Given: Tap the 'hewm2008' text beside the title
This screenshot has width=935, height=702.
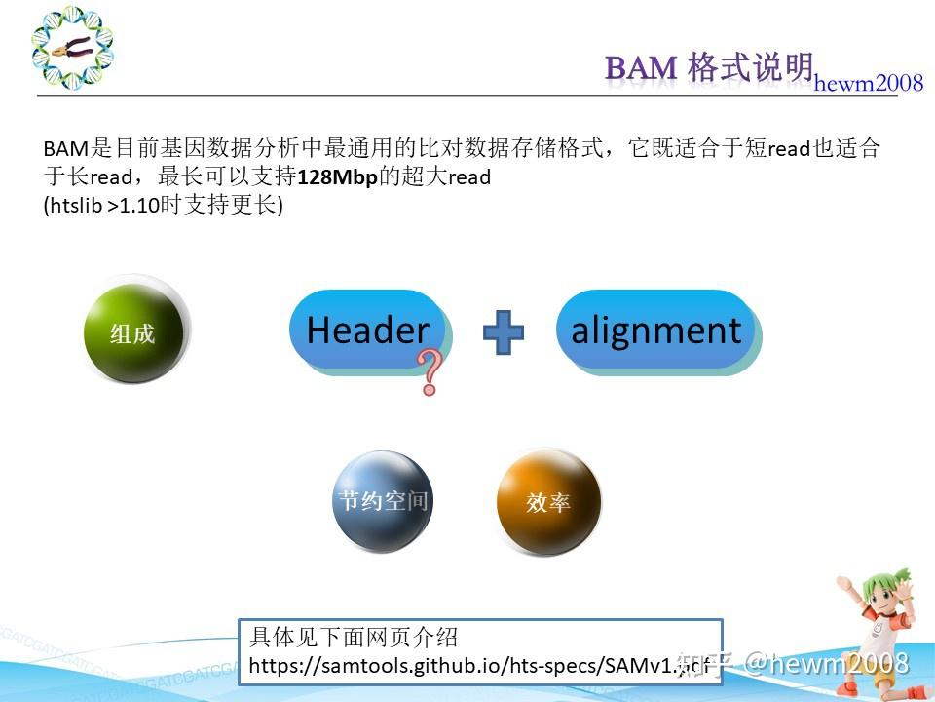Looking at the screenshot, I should pos(869,84).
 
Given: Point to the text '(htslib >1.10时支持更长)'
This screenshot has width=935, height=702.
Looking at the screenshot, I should pos(163,207).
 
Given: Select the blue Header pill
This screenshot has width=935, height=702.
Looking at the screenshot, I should pos(367,331).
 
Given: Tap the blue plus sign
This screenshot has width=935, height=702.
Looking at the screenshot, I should pos(504,331).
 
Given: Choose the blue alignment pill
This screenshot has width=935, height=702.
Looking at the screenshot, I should pos(655,331).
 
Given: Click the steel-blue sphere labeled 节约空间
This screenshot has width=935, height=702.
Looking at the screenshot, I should pos(383,501).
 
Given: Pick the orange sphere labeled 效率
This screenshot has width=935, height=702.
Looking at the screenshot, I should pos(547,502).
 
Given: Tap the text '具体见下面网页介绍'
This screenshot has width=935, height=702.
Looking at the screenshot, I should pos(354,639).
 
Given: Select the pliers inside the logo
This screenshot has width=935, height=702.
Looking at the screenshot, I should pos(72,47).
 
